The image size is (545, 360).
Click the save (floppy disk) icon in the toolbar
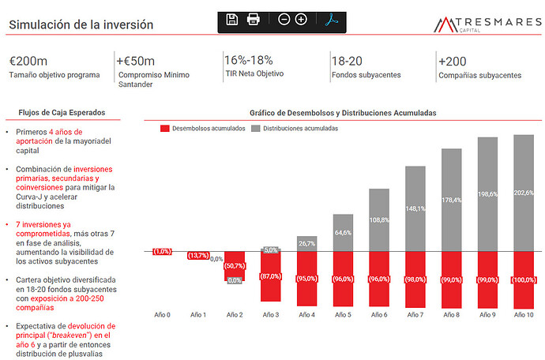pos(232,20)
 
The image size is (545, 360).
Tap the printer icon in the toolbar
pos(253,19)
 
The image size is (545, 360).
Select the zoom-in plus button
pos(301,20)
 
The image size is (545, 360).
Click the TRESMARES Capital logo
pos(487,24)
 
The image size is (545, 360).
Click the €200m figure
pos(28,61)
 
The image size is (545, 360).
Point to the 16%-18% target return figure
pos(249,60)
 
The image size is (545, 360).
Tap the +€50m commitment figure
pos(135,61)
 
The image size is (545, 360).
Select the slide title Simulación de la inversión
pos(81,24)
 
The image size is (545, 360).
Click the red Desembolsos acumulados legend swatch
pos(165,129)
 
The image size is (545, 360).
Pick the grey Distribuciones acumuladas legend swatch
pos(255,129)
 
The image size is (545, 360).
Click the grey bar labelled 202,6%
pos(524,193)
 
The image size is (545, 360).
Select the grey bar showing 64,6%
pos(343,233)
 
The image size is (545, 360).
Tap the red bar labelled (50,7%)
pos(235,266)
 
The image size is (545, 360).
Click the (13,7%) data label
pos(198,256)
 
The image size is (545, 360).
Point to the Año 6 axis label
pos(379,315)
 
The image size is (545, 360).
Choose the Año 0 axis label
pos(163,315)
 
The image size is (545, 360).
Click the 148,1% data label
pos(415,208)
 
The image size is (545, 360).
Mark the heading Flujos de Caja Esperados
pos(62,113)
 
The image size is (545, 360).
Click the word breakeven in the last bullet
pos(72,336)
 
